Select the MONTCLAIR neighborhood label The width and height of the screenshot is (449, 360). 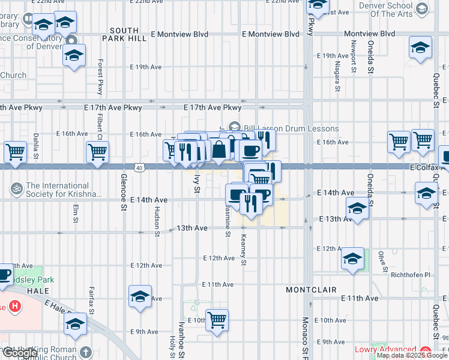pos(311,289)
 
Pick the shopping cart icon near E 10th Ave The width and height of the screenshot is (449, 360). pos(217,319)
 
